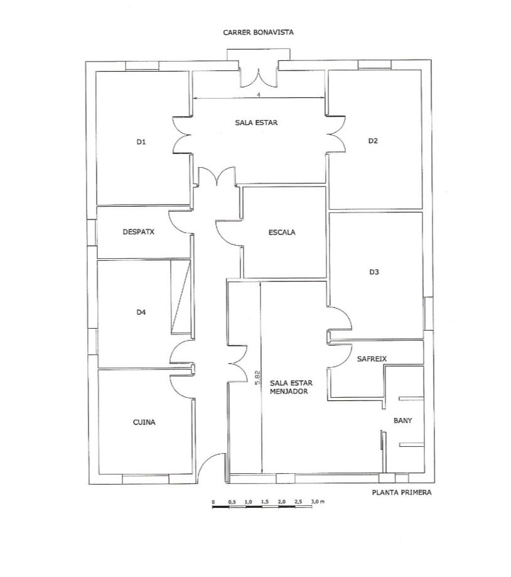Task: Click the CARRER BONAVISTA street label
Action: pyautogui.click(x=259, y=32)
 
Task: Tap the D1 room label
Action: pyautogui.click(x=141, y=142)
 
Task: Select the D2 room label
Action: pyautogui.click(x=373, y=141)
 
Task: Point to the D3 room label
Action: pyautogui.click(x=374, y=272)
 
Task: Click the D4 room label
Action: pyautogui.click(x=141, y=312)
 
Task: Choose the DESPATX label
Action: pyautogui.click(x=139, y=231)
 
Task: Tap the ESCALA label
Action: pyautogui.click(x=282, y=232)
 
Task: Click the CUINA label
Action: pyautogui.click(x=144, y=422)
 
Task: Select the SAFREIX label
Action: pyautogui.click(x=372, y=359)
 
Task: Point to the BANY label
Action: pyautogui.click(x=402, y=420)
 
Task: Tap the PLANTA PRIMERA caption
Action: pyautogui.click(x=402, y=493)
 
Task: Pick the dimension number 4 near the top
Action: pyautogui.click(x=259, y=94)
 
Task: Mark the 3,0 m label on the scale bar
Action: pyautogui.click(x=317, y=501)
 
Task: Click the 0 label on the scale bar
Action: pyautogui.click(x=213, y=501)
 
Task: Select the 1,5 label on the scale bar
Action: pyautogui.click(x=264, y=501)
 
